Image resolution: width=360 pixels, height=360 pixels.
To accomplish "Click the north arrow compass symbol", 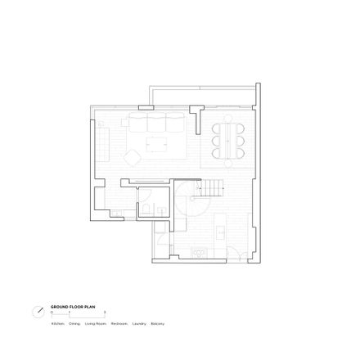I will pos(38,312).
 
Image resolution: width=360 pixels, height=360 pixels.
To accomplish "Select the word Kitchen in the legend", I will pos(57,324).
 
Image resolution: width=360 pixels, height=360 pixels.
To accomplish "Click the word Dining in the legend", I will pos(74,324).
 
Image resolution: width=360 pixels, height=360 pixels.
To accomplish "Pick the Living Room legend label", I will pos(96,324).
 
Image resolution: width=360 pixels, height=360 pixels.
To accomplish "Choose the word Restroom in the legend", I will pos(119,324).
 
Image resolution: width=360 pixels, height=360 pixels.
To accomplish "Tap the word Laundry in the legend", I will pos(139,324).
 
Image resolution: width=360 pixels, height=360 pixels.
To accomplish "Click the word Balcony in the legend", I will pos(158,324).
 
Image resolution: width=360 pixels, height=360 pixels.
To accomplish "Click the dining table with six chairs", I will pos(227,141).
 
